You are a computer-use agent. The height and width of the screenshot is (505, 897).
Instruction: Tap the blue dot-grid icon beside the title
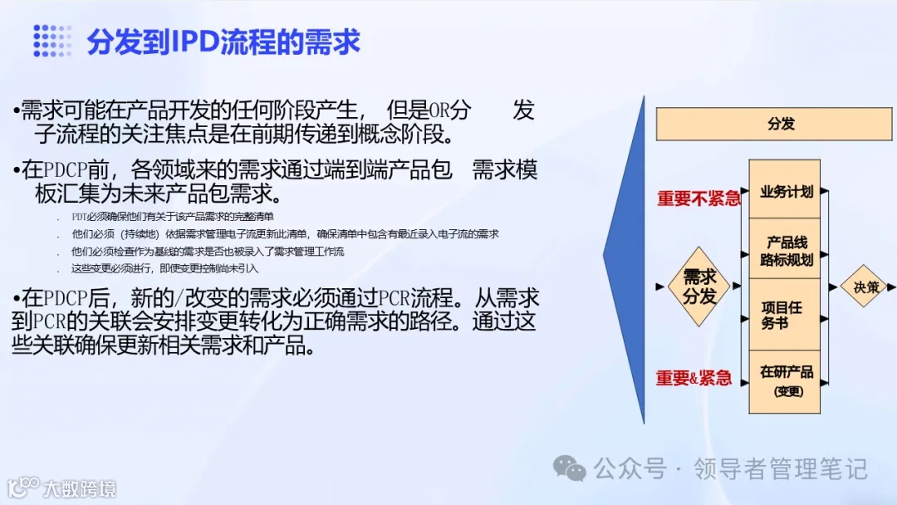coord(52,41)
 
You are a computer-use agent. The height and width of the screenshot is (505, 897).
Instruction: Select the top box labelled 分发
coord(780,124)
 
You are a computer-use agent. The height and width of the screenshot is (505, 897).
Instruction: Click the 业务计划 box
coord(784,191)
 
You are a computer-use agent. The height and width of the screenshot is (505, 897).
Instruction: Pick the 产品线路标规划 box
coord(784,249)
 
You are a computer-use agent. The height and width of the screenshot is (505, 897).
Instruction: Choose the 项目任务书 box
coord(784,315)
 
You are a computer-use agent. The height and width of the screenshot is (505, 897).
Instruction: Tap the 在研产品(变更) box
coord(784,380)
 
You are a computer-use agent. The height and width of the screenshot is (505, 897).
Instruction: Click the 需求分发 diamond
coord(699,287)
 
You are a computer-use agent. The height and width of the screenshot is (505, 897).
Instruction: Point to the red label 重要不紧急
coord(698,199)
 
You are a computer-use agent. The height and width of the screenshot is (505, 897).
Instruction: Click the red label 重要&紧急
coord(694,378)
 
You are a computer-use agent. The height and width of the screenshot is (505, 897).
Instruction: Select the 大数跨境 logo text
coord(80,488)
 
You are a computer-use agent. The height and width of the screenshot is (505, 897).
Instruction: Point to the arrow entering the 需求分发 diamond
coord(660,287)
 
